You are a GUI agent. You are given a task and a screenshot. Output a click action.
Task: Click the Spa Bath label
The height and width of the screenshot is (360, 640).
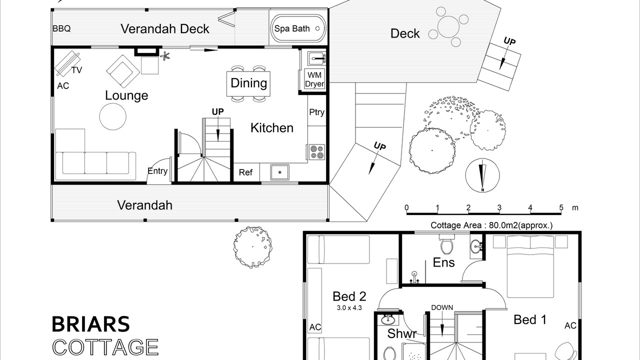pyautogui.click(x=292, y=28)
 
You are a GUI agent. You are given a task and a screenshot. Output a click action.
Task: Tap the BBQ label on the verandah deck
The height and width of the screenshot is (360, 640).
pyautogui.click(x=61, y=28)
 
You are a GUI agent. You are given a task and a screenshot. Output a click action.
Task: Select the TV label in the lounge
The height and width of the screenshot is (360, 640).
pyautogui.click(x=76, y=70)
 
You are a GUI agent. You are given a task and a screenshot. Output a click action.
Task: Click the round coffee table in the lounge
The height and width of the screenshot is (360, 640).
pyautogui.click(x=113, y=116)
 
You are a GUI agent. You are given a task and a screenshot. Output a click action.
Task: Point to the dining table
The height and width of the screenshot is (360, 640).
pyautogui.click(x=248, y=83)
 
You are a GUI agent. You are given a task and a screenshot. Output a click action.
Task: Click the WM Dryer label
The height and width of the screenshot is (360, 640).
pyautogui.click(x=314, y=79)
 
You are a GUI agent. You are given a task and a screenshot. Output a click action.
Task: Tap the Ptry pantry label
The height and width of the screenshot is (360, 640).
pyautogui.click(x=316, y=112)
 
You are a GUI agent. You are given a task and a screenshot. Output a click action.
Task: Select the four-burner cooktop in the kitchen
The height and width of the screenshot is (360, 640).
pyautogui.click(x=317, y=152)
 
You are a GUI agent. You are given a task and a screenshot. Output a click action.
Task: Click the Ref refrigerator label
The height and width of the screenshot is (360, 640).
pyautogui.click(x=245, y=172)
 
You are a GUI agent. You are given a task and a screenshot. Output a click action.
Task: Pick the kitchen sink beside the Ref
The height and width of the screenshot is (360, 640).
pyautogui.click(x=279, y=172)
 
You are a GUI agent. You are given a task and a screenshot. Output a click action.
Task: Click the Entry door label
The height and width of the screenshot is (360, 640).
pyautogui.click(x=157, y=171)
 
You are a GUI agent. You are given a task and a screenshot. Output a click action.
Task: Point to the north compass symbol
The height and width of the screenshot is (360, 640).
pyautogui.click(x=482, y=175)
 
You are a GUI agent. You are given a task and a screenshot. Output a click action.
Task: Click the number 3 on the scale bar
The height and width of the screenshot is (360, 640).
pyautogui.click(x=499, y=207)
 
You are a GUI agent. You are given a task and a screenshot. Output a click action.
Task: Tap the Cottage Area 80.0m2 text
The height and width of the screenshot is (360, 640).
pyautogui.click(x=491, y=225)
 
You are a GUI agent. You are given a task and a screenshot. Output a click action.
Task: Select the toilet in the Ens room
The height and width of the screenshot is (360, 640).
pyautogui.click(x=446, y=244)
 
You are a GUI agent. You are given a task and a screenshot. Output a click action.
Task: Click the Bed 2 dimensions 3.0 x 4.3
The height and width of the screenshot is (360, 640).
pyautogui.click(x=349, y=308)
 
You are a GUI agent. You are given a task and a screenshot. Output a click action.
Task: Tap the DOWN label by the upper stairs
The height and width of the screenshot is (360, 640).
pyautogui.click(x=442, y=307)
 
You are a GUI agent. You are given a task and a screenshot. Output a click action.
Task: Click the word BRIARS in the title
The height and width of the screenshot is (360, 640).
pyautogui.click(x=91, y=324)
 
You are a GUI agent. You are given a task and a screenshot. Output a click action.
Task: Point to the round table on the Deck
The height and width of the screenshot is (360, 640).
pyautogui.click(x=448, y=27)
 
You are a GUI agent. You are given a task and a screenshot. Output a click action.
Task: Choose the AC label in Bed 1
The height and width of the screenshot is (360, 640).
pyautogui.click(x=570, y=325)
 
